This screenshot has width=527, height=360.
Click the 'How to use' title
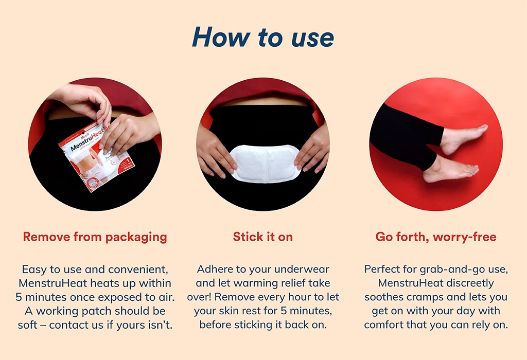[x=263, y=37]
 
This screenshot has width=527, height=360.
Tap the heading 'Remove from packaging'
[x=95, y=237]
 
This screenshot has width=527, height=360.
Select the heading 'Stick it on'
[x=263, y=237]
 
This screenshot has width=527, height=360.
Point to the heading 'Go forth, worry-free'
[x=436, y=237]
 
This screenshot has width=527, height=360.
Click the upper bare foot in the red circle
[x=463, y=138]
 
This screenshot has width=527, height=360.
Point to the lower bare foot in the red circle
[x=450, y=170]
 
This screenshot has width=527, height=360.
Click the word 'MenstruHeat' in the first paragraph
[x=53, y=283]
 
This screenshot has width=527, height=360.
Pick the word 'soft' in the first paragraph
[x=28, y=325]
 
